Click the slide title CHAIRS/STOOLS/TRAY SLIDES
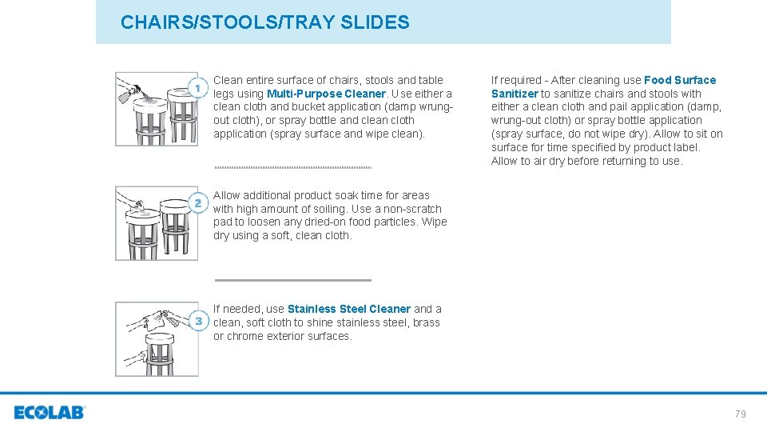(x=264, y=22)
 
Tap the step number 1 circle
(x=197, y=86)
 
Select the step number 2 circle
(x=197, y=202)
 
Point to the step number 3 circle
(x=197, y=321)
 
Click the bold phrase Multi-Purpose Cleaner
(x=326, y=94)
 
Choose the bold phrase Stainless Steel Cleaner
(x=348, y=309)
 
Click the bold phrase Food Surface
(x=680, y=80)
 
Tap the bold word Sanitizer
(x=515, y=94)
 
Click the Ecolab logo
(x=49, y=413)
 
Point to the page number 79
(x=740, y=414)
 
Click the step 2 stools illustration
(x=156, y=223)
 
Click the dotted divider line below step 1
(x=292, y=167)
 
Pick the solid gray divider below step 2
(x=292, y=280)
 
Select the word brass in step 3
(x=425, y=322)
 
